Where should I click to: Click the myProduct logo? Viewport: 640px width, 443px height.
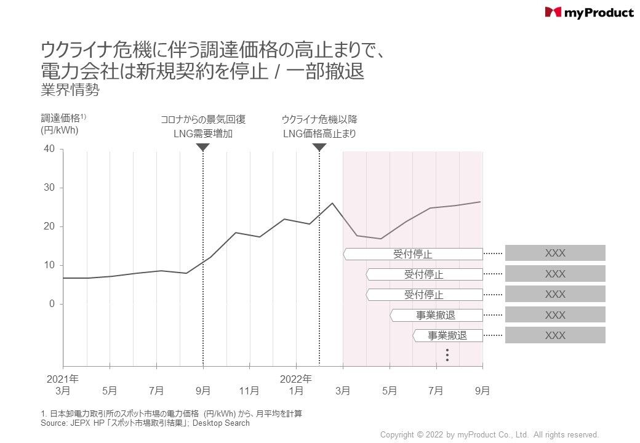pos(589,12)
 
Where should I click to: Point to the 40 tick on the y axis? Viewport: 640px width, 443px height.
pos(49,149)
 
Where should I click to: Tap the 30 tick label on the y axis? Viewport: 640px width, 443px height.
pos(49,188)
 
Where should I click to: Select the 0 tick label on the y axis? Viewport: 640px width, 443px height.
pos(52,304)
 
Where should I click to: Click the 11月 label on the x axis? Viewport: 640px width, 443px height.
pos(249,390)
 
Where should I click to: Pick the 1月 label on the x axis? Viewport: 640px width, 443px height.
pos(296,390)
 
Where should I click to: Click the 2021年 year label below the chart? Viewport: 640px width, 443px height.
pos(63,378)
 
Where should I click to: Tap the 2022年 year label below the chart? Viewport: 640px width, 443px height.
pos(296,378)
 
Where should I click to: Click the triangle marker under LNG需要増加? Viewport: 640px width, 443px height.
pos(203,148)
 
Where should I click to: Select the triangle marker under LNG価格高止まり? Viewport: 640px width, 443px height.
pos(319,148)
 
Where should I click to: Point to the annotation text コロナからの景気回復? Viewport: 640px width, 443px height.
pos(203,120)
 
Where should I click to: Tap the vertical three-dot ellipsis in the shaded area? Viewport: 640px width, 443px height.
pos(448,355)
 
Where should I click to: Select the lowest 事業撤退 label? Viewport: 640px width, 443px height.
pos(447,335)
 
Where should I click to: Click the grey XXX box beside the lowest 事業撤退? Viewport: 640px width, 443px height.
pos(555,335)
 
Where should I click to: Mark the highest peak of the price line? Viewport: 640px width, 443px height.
pos(332,203)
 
